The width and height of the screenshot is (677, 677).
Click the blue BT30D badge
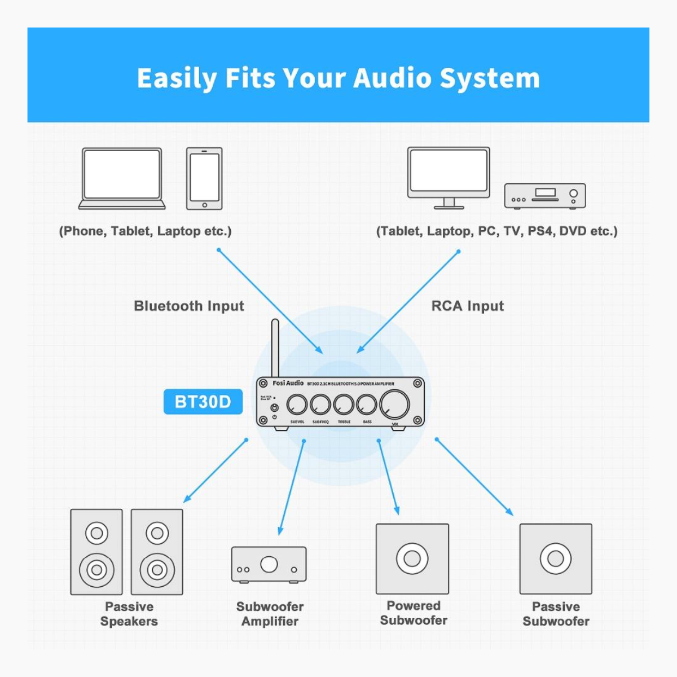tap(203, 402)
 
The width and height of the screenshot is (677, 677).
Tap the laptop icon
tap(122, 178)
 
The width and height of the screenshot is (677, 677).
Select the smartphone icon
tap(204, 178)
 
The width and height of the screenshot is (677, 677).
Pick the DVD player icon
tap(544, 196)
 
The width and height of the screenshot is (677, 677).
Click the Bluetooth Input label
tap(189, 306)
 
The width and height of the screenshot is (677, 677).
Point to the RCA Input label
tap(467, 306)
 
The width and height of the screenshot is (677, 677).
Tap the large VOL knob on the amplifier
tap(394, 404)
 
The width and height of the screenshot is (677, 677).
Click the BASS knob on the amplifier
tap(367, 405)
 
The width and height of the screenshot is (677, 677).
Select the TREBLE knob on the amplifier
tap(344, 405)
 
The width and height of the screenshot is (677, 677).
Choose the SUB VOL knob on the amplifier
tap(297, 405)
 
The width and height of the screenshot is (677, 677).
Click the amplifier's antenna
tap(275, 347)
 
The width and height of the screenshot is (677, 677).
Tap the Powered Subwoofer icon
tap(412, 559)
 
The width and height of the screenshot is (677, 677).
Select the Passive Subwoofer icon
tap(556, 559)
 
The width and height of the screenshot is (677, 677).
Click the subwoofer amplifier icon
tap(269, 564)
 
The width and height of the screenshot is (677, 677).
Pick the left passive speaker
tap(96, 552)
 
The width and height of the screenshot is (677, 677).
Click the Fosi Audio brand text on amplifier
tap(288, 383)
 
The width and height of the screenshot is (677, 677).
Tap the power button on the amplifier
tap(275, 407)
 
